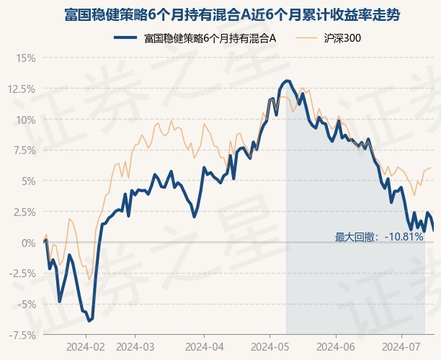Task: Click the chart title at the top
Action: click(x=220, y=14)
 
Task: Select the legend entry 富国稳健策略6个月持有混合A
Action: click(x=209, y=37)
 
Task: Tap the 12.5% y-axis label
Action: click(x=21, y=89)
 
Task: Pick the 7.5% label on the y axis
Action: click(x=23, y=150)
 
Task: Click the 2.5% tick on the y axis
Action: click(x=23, y=212)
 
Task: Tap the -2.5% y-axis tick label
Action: click(x=21, y=274)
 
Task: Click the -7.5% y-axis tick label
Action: click(x=21, y=335)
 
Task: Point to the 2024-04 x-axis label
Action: click(x=203, y=346)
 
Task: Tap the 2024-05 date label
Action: click(x=269, y=346)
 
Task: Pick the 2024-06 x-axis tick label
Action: click(x=336, y=346)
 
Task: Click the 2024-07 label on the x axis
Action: click(x=401, y=346)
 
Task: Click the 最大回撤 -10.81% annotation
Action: click(x=379, y=236)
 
